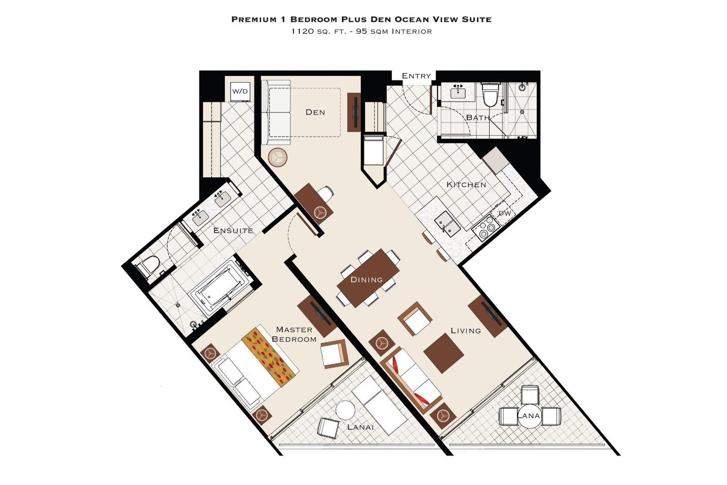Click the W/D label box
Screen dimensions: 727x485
tap(240, 91)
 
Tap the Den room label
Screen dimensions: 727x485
tap(315, 113)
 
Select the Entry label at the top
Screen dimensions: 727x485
tap(416, 76)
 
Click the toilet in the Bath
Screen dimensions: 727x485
tap(490, 94)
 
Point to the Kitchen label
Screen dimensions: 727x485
tap(466, 185)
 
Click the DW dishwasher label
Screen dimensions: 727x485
tap(505, 213)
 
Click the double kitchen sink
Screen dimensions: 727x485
tap(447, 224)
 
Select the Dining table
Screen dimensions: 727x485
tap(368, 278)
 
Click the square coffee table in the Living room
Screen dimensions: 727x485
tap(444, 353)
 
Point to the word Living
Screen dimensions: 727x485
tap(466, 331)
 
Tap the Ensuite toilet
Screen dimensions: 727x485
tap(148, 266)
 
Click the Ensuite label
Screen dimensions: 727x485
tap(233, 231)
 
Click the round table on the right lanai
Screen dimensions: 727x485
tap(530, 416)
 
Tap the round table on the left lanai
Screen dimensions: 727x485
tap(345, 410)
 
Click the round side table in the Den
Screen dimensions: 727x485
tap(278, 157)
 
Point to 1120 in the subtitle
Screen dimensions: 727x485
tap(303, 31)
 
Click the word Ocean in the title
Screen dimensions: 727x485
tap(411, 19)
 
